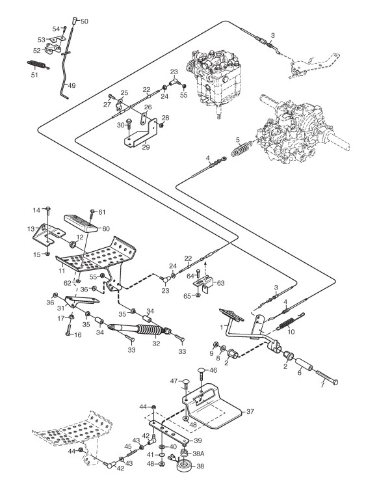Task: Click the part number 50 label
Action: tap(85, 21)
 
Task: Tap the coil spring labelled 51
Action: tap(38, 64)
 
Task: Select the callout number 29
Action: tap(146, 147)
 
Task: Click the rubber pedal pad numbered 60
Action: tap(83, 223)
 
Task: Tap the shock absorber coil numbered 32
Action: tap(150, 331)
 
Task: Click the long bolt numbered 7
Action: tap(326, 377)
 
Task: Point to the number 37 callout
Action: tap(250, 411)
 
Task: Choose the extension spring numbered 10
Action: tap(287, 323)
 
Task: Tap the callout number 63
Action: tap(221, 283)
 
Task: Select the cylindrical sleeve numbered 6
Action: tap(304, 364)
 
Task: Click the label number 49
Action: tap(72, 85)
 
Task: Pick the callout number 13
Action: tap(31, 229)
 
